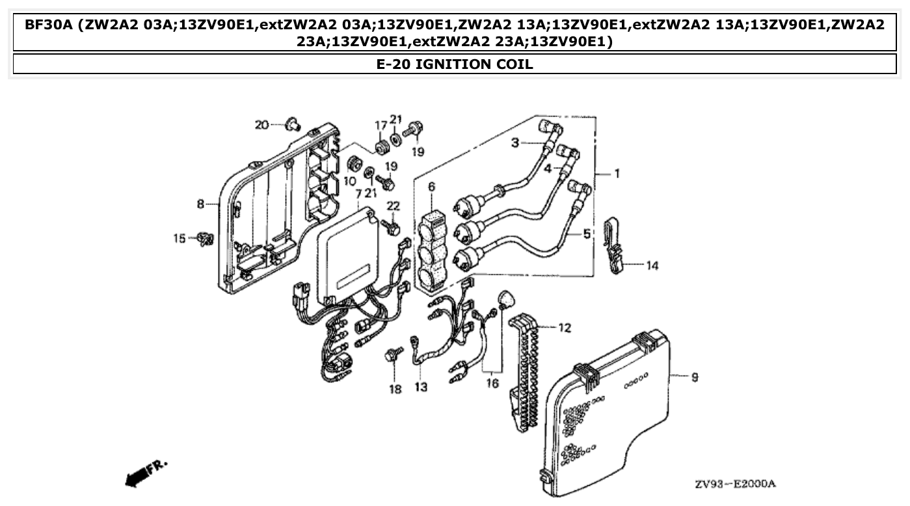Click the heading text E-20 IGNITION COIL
[x=455, y=64]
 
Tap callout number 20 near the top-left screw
[x=261, y=124]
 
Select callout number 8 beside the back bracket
[x=201, y=204]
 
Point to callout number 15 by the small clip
[x=179, y=239]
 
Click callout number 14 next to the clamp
[x=652, y=265]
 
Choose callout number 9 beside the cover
[x=694, y=377]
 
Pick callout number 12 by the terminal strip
[x=564, y=328]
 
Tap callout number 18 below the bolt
[x=395, y=389]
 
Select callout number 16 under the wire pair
[x=492, y=383]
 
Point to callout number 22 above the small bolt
[x=393, y=206]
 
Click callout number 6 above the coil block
[x=431, y=187]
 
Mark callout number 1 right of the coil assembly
[x=617, y=174]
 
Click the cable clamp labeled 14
[x=613, y=245]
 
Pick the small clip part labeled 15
[x=206, y=239]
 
